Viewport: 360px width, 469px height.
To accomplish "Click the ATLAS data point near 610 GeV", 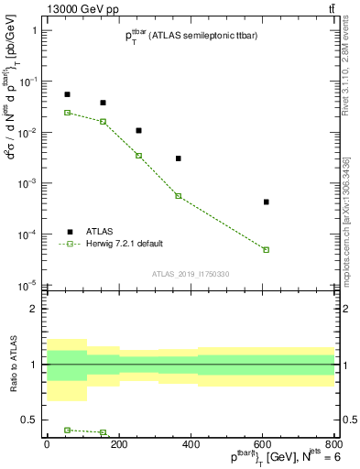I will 267,202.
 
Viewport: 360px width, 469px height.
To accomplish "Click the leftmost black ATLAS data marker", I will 67,94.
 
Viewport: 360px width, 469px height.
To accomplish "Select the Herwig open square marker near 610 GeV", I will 267,249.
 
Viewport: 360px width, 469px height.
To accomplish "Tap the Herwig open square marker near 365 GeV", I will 179,196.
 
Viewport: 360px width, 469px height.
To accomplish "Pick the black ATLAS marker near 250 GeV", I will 138,130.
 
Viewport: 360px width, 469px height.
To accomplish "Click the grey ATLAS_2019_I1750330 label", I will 191,274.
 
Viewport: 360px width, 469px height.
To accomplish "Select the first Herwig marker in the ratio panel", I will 67,430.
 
